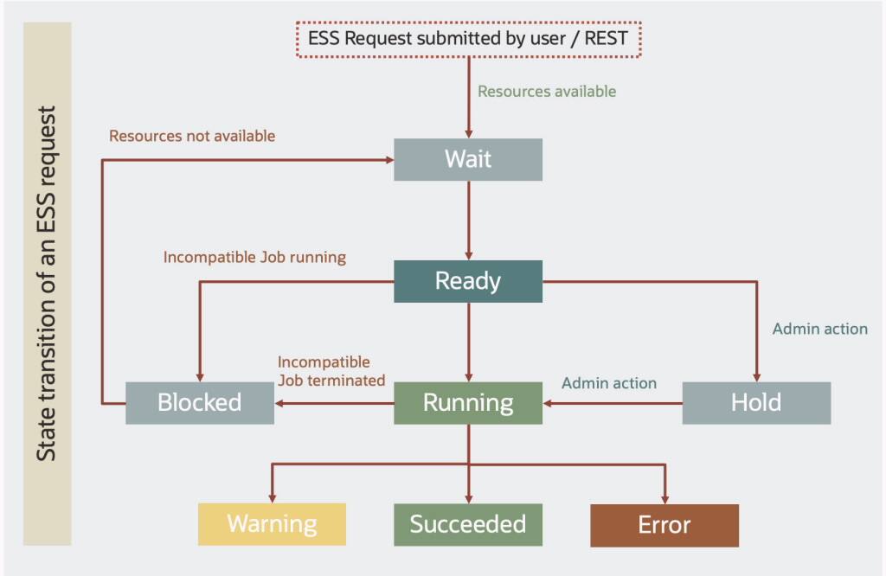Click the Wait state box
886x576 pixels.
(468, 159)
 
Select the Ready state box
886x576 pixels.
(468, 281)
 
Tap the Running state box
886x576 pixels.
(468, 403)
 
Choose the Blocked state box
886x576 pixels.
(200, 403)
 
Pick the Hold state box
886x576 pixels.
(756, 403)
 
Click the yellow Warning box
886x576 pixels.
(272, 524)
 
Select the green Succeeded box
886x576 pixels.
(468, 524)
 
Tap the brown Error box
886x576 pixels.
(664, 525)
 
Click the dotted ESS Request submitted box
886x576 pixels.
(468, 39)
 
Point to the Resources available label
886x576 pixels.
(547, 91)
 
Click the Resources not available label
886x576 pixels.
(192, 136)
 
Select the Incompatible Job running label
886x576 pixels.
(254, 257)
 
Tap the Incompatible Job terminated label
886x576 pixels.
(331, 371)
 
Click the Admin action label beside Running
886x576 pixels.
(609, 382)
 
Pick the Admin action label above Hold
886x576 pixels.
(819, 329)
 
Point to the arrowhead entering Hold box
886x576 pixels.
(756, 377)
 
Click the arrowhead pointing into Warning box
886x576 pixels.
(273, 498)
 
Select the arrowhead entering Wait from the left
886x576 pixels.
(388, 159)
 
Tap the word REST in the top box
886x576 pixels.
(607, 39)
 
